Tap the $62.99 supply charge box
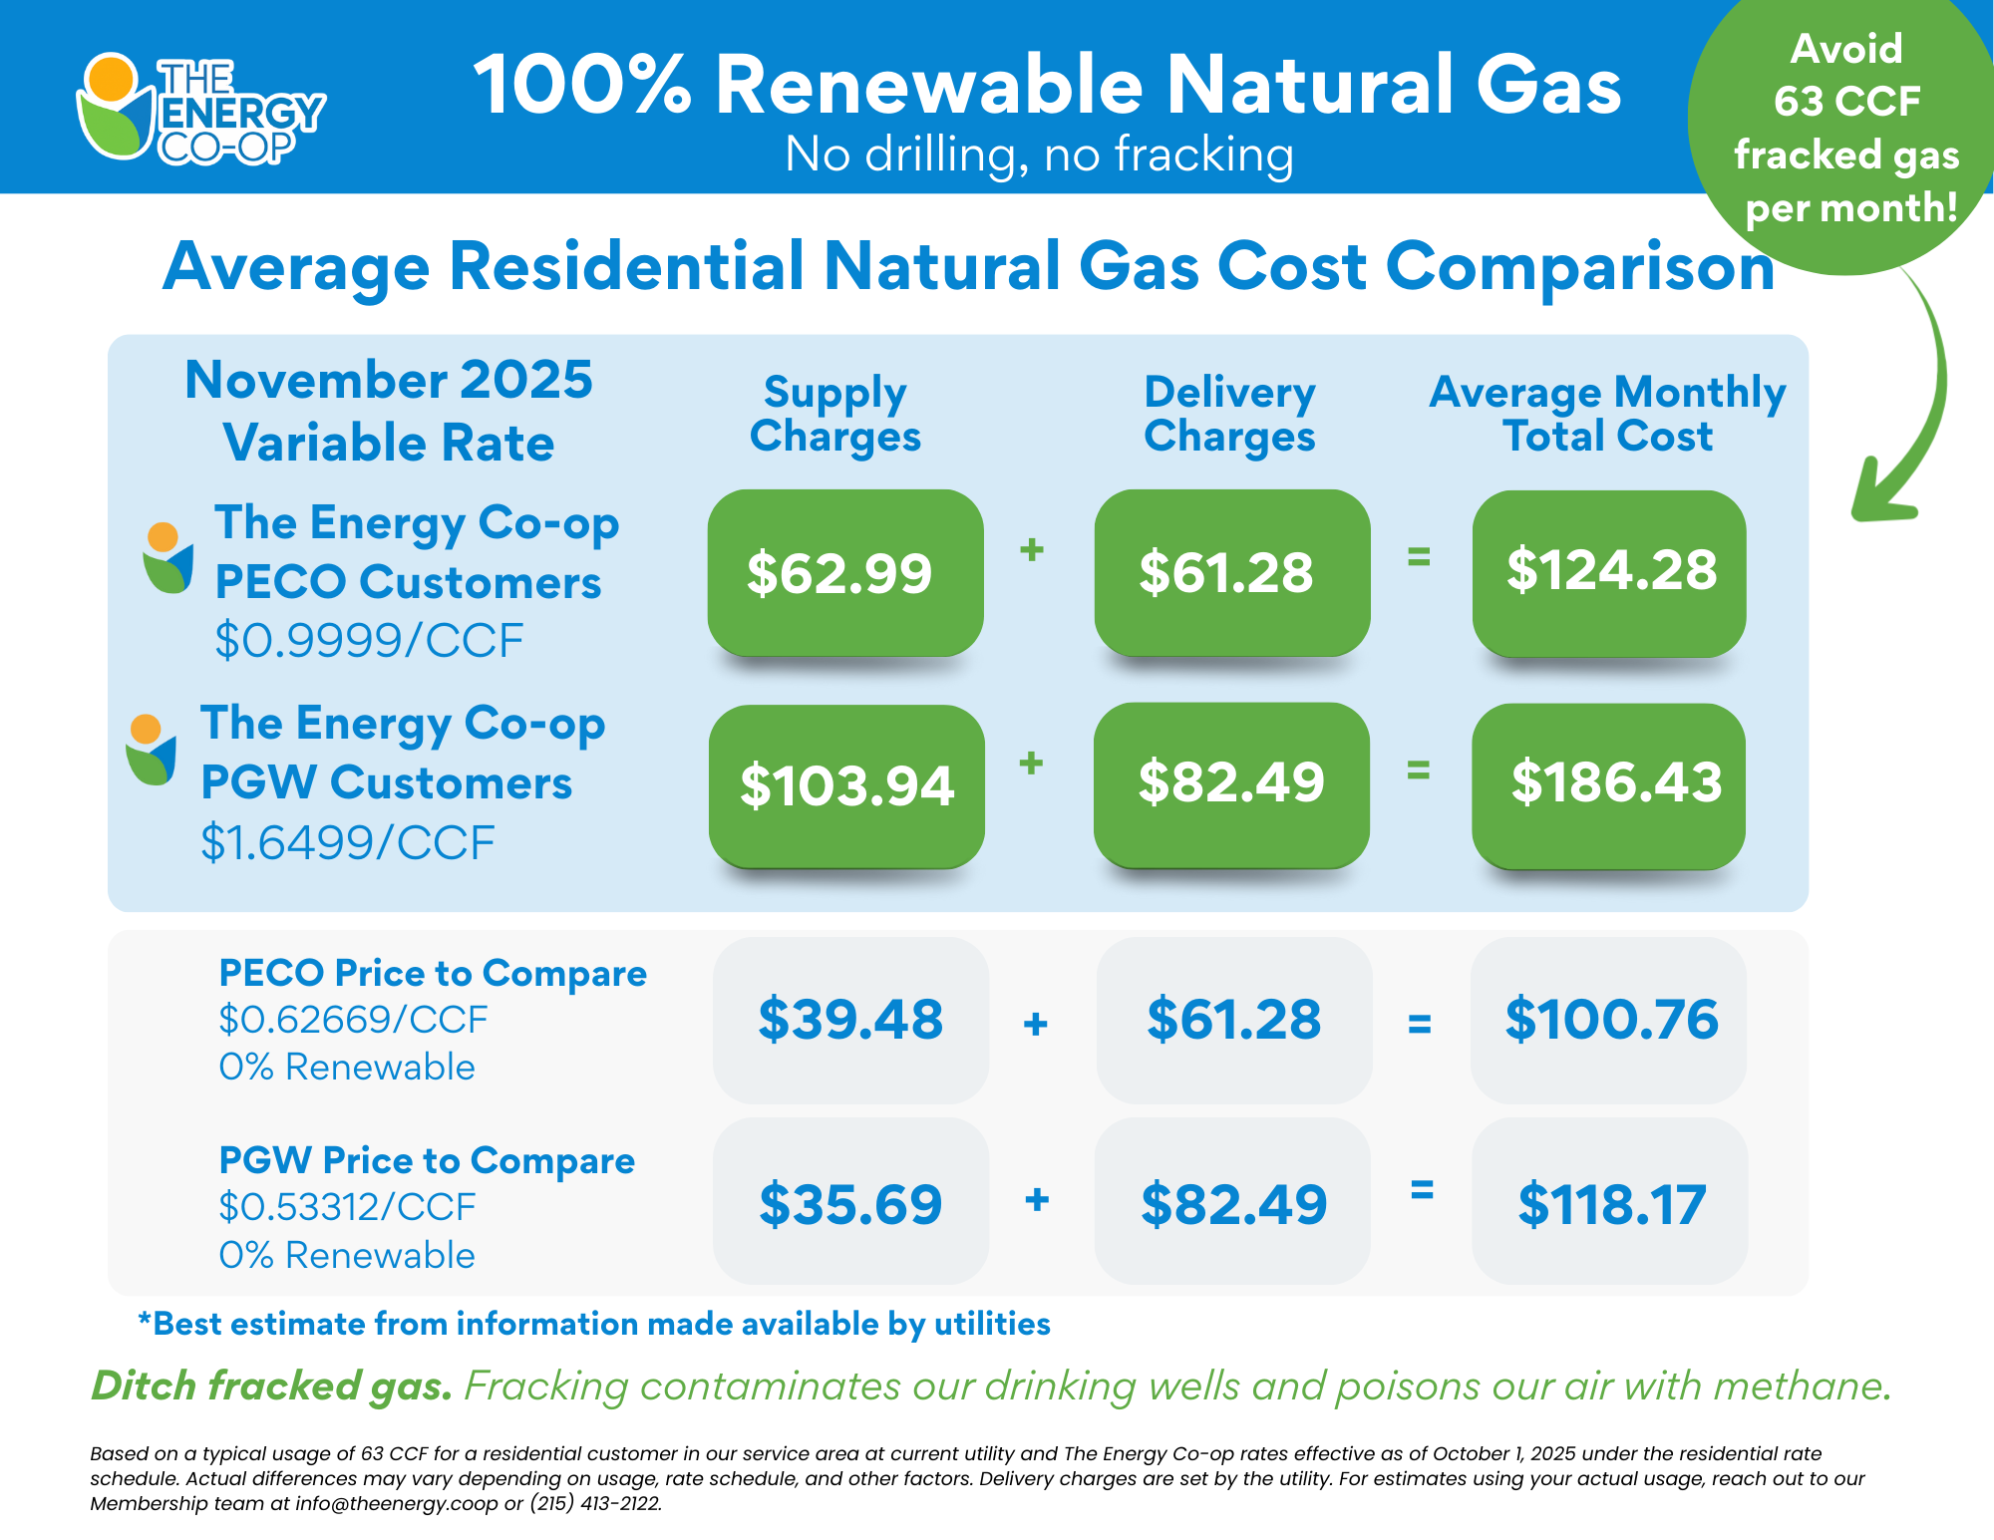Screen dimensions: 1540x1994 click(844, 572)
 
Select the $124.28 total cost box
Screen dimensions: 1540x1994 click(1609, 572)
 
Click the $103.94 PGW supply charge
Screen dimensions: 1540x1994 click(846, 785)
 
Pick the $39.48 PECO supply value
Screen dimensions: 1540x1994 click(850, 1020)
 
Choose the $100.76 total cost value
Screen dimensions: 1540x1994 click(1610, 1020)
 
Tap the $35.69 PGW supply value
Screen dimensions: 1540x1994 click(850, 1203)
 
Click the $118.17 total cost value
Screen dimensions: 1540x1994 click(1610, 1203)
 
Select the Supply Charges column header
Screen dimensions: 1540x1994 click(835, 414)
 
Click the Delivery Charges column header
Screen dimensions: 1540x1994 click(1229, 414)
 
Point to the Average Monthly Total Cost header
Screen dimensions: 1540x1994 click(1607, 414)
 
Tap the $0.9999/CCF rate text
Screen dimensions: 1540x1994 click(369, 641)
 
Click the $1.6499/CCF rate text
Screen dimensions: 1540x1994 click(347, 843)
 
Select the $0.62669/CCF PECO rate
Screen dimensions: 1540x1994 click(353, 1020)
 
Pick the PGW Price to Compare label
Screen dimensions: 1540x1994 click(427, 1161)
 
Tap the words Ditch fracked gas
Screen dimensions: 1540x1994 click(271, 1386)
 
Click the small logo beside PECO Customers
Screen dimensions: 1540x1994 click(166, 558)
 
